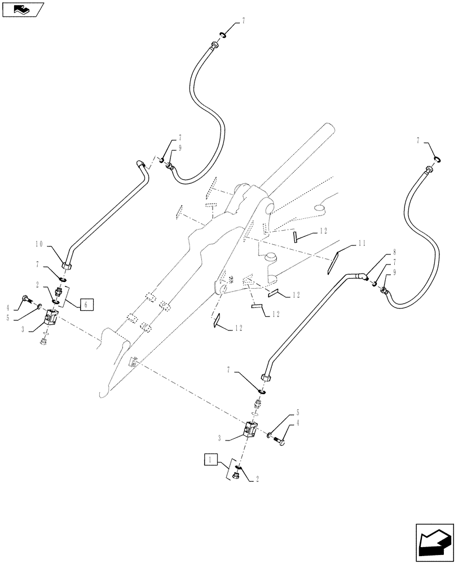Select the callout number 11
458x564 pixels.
pyautogui.click(x=362, y=244)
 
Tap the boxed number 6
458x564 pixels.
pyautogui.click(x=86, y=305)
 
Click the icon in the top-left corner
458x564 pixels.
pyautogui.click(x=22, y=9)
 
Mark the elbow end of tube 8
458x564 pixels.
pyautogui.click(x=361, y=276)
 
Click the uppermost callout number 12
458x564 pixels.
pyautogui.click(x=323, y=231)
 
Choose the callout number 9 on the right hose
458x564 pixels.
pyautogui.click(x=394, y=272)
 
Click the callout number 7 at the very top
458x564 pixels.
pyautogui.click(x=243, y=21)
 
